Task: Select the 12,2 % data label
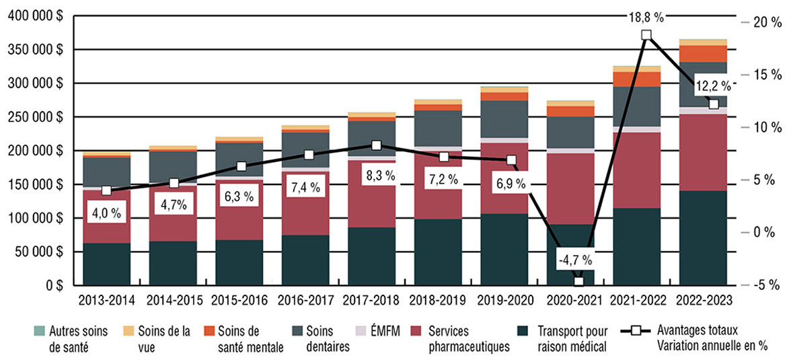(713, 85)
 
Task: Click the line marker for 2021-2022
(646, 35)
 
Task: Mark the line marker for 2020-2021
(578, 281)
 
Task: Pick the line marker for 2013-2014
(106, 190)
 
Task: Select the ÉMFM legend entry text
(377, 331)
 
